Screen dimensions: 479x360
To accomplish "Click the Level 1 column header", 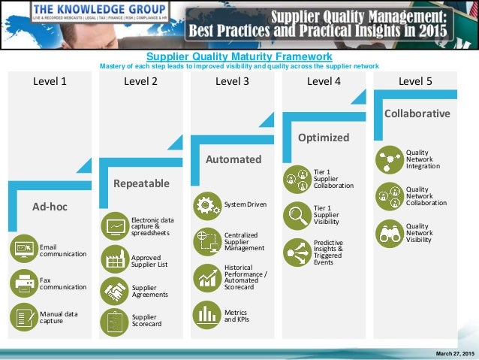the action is pos(50,82).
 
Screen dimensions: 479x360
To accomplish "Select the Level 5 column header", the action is pos(415,82).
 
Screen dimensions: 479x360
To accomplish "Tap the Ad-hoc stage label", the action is pos(50,206).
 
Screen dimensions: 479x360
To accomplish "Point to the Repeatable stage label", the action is pos(141,183).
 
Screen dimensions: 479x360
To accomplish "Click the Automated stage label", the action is pos(233,159).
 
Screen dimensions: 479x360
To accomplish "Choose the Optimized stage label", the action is pos(324,138).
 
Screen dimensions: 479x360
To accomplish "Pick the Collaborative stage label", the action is pos(417,113).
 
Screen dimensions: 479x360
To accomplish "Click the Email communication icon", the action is pos(23,247).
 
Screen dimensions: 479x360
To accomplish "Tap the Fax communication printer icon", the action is pos(23,283).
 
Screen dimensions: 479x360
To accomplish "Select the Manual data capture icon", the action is pos(23,317).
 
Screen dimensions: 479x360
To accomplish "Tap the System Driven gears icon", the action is pos(206,204).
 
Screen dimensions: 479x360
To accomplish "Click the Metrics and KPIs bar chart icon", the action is pos(206,313).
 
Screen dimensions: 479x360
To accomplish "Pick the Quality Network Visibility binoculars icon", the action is pos(389,232).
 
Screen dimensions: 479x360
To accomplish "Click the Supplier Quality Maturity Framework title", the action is pos(239,56).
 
